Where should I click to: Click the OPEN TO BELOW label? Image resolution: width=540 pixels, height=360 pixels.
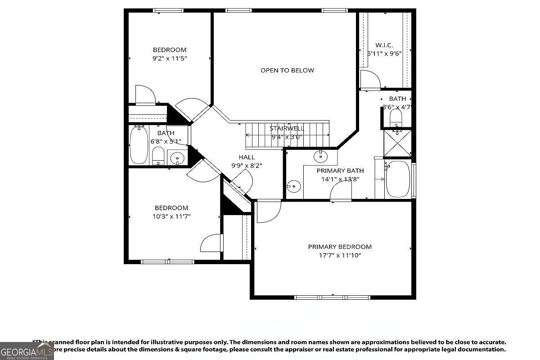point(287,70)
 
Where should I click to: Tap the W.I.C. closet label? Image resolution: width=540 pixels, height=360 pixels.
point(384,45)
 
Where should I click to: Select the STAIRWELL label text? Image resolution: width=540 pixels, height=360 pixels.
point(286,128)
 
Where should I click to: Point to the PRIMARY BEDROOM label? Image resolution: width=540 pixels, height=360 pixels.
point(340,247)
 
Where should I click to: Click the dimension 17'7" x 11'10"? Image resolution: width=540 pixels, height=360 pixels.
point(340,255)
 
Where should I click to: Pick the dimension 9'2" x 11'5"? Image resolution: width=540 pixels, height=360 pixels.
point(169,58)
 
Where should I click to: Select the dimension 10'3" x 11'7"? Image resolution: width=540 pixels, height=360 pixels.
point(171,216)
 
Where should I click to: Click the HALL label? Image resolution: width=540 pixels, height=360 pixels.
point(247,157)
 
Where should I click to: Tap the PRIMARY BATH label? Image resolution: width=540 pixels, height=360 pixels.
point(340,171)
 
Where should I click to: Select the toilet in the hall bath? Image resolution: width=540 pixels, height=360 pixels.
point(158,156)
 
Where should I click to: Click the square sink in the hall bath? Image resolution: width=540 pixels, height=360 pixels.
point(178,158)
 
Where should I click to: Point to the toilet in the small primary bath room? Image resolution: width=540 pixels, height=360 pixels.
point(396,119)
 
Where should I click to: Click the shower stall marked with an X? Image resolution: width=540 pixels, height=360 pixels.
point(397,142)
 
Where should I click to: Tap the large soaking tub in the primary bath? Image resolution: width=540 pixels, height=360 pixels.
point(398,179)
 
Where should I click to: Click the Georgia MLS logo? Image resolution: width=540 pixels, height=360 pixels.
point(27,351)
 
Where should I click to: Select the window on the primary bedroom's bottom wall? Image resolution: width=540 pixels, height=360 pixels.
point(332,297)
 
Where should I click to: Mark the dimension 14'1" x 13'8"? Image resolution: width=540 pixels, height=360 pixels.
point(340,179)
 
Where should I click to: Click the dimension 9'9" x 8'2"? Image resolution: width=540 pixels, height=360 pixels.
point(247,165)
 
